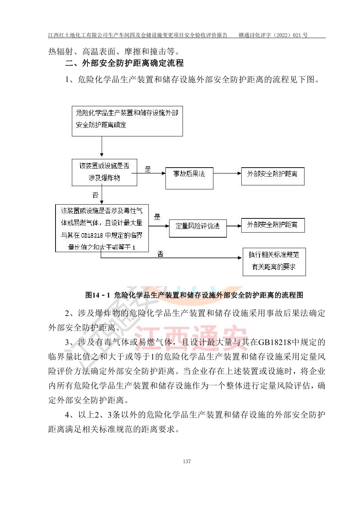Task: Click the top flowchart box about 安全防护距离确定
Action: click(127, 122)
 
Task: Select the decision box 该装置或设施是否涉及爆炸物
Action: click(105, 172)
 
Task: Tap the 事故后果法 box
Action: click(189, 178)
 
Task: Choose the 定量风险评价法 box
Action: click(198, 228)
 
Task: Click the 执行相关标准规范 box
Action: click(274, 262)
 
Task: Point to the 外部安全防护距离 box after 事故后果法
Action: click(273, 176)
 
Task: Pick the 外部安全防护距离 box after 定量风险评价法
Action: click(273, 225)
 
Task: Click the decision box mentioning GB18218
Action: click(102, 228)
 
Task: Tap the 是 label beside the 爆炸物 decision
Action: click(148, 169)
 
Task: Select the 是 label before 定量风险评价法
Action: click(157, 217)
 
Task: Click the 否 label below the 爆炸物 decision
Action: click(95, 195)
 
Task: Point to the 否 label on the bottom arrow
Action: click(160, 254)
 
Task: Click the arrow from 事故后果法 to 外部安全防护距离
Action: click(227, 174)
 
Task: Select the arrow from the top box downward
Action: click(102, 147)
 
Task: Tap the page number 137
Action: click(187, 461)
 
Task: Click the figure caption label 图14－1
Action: click(97, 295)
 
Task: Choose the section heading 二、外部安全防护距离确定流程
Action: click(124, 63)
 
